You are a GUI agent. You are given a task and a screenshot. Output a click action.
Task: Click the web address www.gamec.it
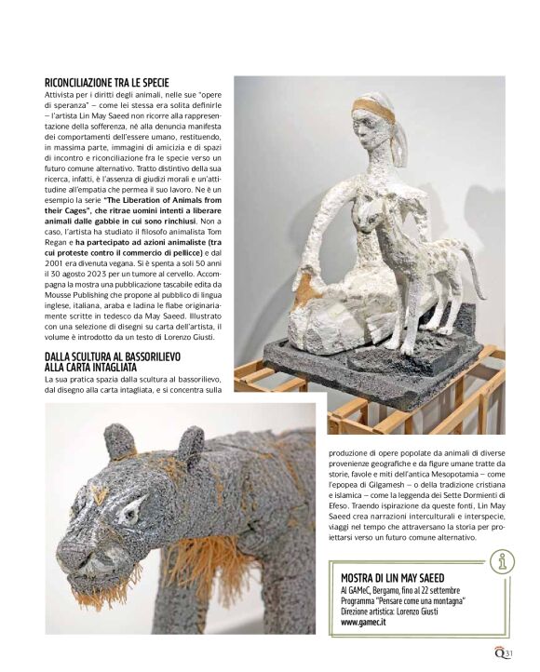tap(364, 623)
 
